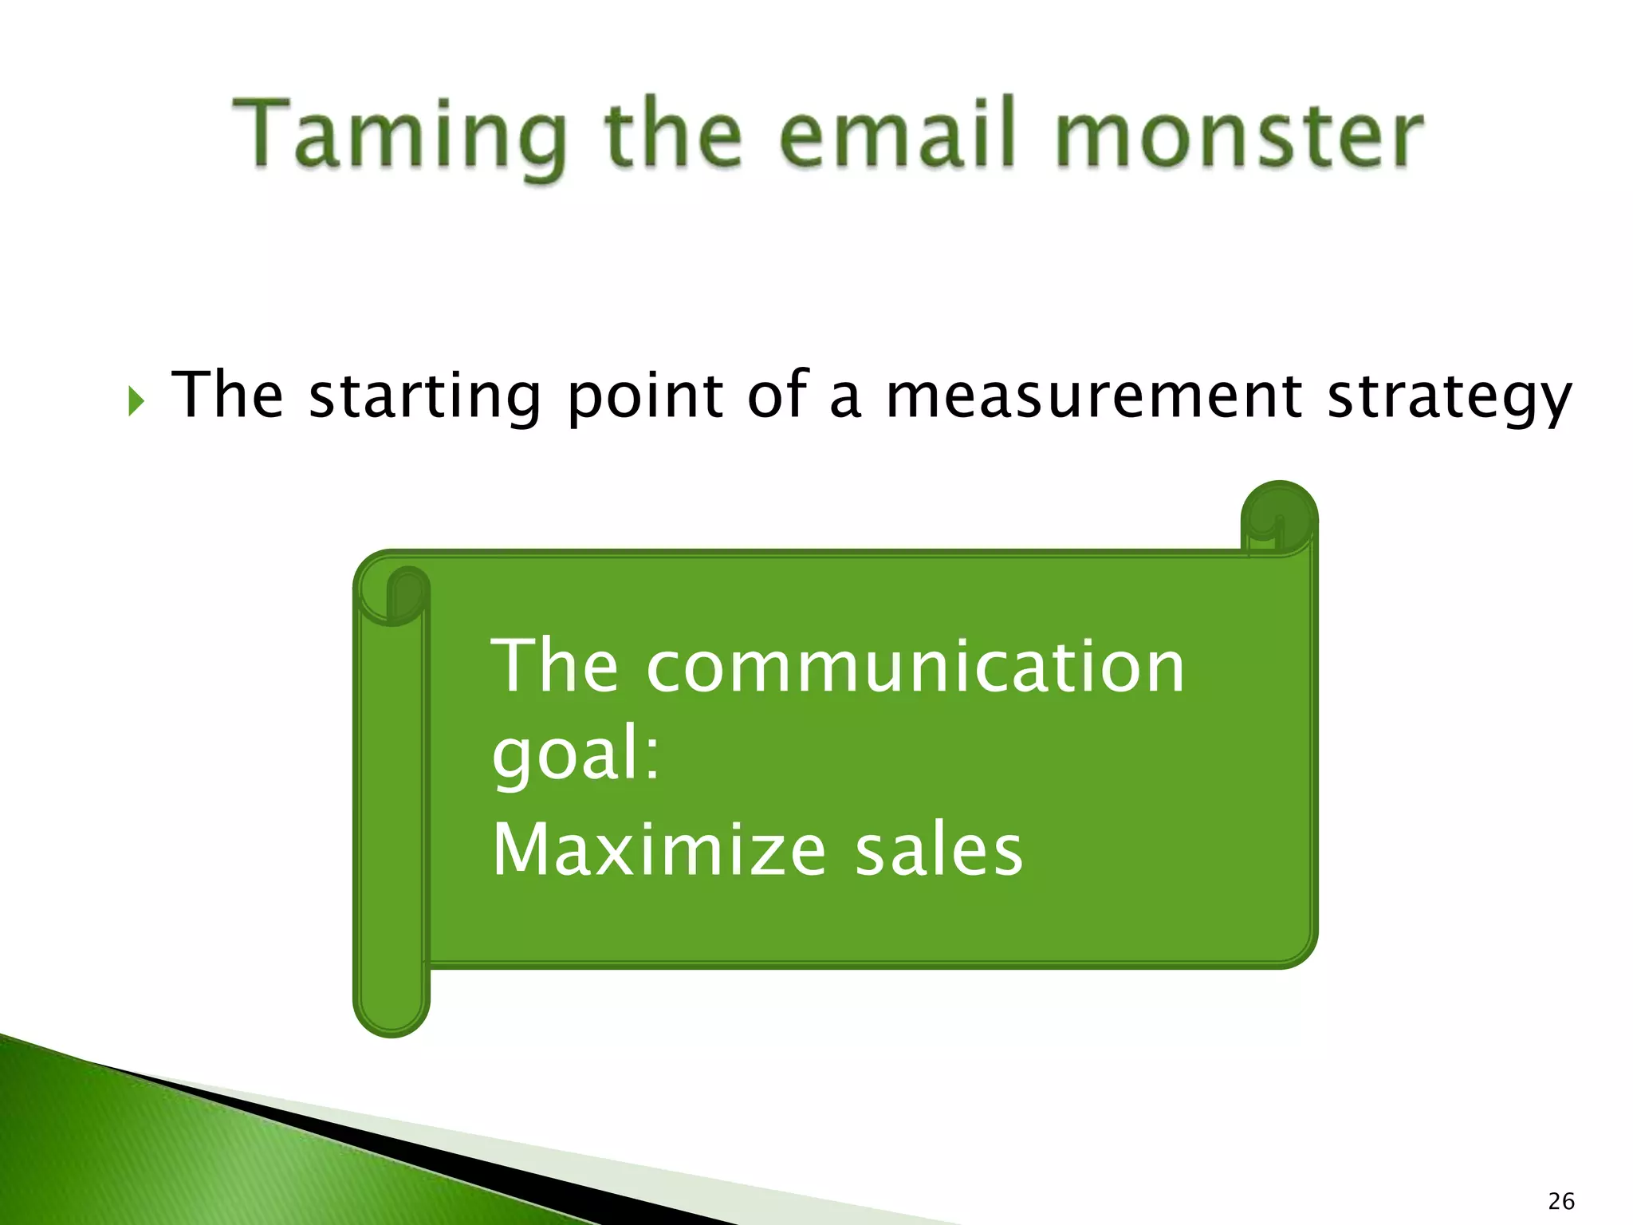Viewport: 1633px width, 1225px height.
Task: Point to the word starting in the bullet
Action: click(424, 396)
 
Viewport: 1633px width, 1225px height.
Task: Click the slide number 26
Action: click(1560, 1200)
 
